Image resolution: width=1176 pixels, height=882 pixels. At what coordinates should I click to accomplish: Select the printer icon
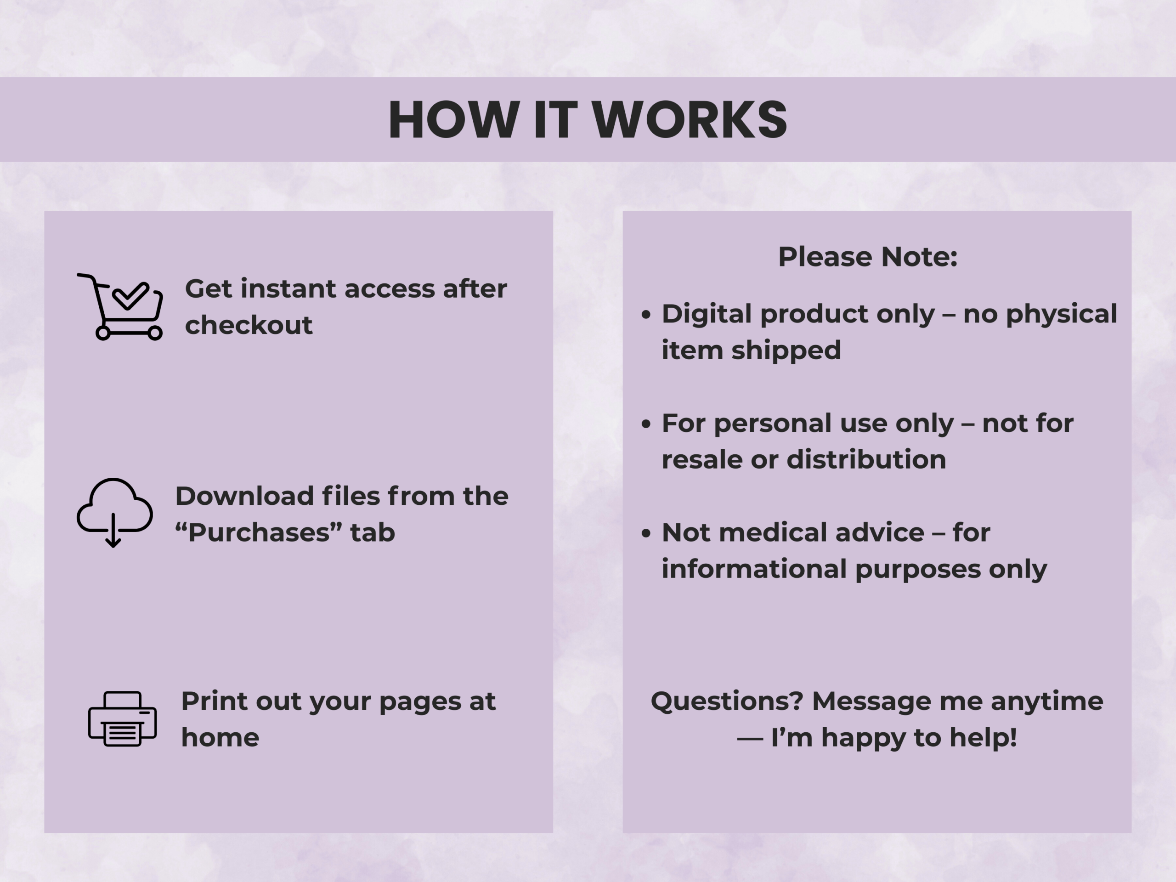pyautogui.click(x=122, y=718)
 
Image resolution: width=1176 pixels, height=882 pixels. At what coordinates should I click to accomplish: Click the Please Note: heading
pyautogui.click(x=868, y=257)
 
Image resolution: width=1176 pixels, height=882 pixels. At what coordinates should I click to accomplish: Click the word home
pyautogui.click(x=220, y=737)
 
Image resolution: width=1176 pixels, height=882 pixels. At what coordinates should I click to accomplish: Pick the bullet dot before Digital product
pyautogui.click(x=646, y=315)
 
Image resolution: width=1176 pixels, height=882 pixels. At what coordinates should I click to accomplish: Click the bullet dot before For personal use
pyautogui.click(x=646, y=424)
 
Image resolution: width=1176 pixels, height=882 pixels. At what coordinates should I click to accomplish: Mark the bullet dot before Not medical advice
pyautogui.click(x=646, y=533)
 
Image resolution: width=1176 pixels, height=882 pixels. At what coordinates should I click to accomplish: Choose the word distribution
pyautogui.click(x=866, y=459)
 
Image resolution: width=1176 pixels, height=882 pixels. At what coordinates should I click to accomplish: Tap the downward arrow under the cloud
pyautogui.click(x=113, y=531)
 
